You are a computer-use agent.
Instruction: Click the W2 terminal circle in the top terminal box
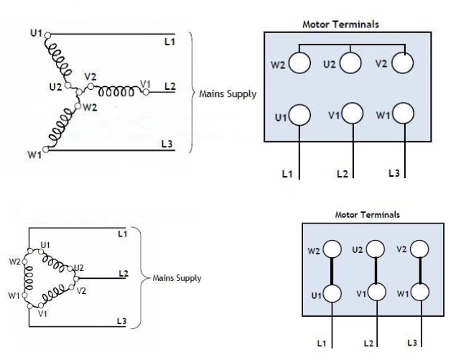pos(299,64)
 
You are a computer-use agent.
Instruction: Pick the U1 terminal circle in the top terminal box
pos(299,115)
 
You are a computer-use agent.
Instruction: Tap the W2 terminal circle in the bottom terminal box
pos(332,250)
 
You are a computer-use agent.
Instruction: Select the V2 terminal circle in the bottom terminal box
pos(420,250)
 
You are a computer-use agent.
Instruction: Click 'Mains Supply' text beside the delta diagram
pos(176,277)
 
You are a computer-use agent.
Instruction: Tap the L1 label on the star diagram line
pos(169,42)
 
